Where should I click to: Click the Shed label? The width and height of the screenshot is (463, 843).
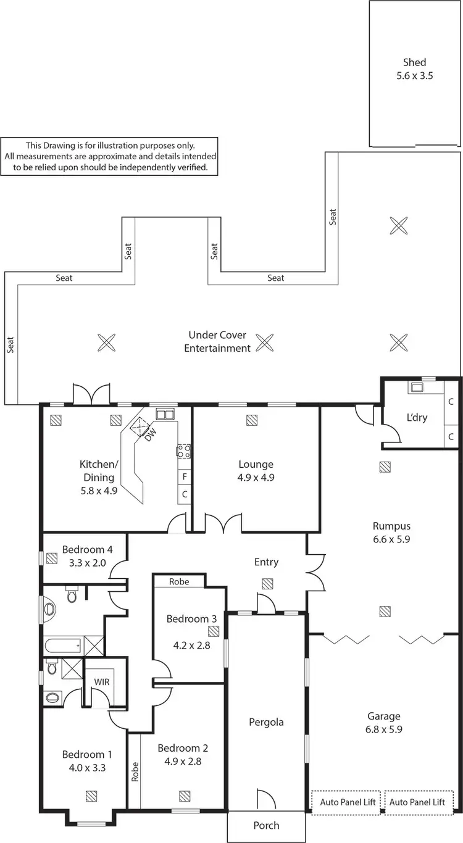414,62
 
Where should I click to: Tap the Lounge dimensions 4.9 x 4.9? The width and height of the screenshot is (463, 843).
256,477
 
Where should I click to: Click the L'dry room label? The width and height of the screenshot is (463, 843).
417,417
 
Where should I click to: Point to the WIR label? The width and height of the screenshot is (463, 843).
101,682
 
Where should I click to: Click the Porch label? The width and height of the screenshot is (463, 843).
266,825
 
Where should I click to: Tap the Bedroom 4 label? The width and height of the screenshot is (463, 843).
87,549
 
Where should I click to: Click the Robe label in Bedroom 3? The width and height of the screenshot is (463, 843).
179,581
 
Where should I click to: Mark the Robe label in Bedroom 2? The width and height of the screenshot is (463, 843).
135,772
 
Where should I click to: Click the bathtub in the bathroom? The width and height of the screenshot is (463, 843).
63,646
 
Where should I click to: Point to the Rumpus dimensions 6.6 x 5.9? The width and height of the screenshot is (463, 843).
391,539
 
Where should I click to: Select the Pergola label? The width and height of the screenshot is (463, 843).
266,721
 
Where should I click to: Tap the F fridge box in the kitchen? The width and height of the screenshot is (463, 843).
184,477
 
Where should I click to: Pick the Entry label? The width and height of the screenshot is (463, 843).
266,562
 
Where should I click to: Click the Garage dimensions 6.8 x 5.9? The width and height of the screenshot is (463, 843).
384,729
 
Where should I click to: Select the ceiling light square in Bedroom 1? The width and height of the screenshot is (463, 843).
91,795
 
